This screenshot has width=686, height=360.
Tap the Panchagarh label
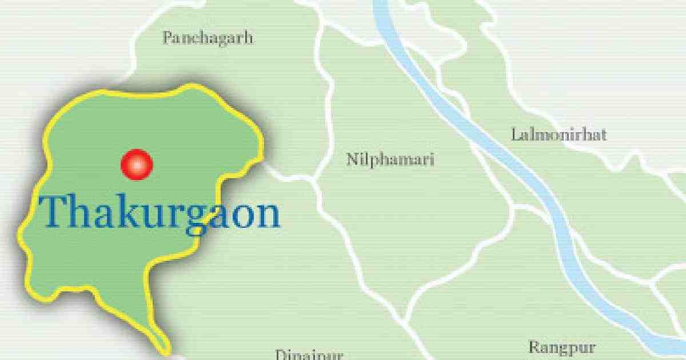click(208, 38)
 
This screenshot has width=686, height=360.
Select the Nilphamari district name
click(390, 159)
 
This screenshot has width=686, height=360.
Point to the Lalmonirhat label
click(559, 135)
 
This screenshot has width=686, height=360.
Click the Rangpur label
click(562, 347)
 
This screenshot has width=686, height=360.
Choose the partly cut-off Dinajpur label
click(309, 355)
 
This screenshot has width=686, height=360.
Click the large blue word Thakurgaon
click(161, 212)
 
